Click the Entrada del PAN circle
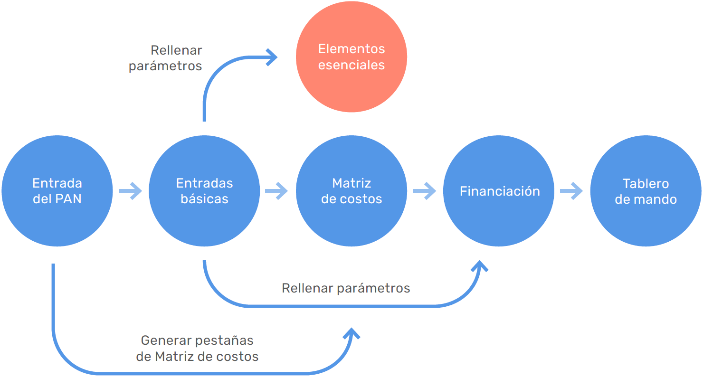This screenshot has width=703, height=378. coord(57,191)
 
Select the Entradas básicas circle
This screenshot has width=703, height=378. coord(204,191)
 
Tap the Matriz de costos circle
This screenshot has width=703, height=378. coord(351,191)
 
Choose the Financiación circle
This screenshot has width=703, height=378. coord(499,191)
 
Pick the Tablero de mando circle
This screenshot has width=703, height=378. coord(646,191)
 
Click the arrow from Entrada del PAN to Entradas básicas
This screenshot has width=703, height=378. coord(131,191)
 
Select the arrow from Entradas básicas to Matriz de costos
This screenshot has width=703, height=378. coord(276,191)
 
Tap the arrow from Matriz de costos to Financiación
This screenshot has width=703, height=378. coord(425,191)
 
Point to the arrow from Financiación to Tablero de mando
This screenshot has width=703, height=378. coord(571,191)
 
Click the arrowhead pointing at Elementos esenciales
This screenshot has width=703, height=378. coord(273,57)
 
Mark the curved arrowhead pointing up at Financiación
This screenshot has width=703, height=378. coord(480,266)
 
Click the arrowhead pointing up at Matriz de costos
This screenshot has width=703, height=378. coord(351,333)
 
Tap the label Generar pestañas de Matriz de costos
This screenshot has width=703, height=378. coord(197,349)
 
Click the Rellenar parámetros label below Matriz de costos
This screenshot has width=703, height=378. coord(346,288)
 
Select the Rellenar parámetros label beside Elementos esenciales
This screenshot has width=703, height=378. coord(165,58)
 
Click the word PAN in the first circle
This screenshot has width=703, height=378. coord(69,199)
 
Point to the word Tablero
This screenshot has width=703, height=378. coord(646,183)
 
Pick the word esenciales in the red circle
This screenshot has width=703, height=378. coord(351,65)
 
